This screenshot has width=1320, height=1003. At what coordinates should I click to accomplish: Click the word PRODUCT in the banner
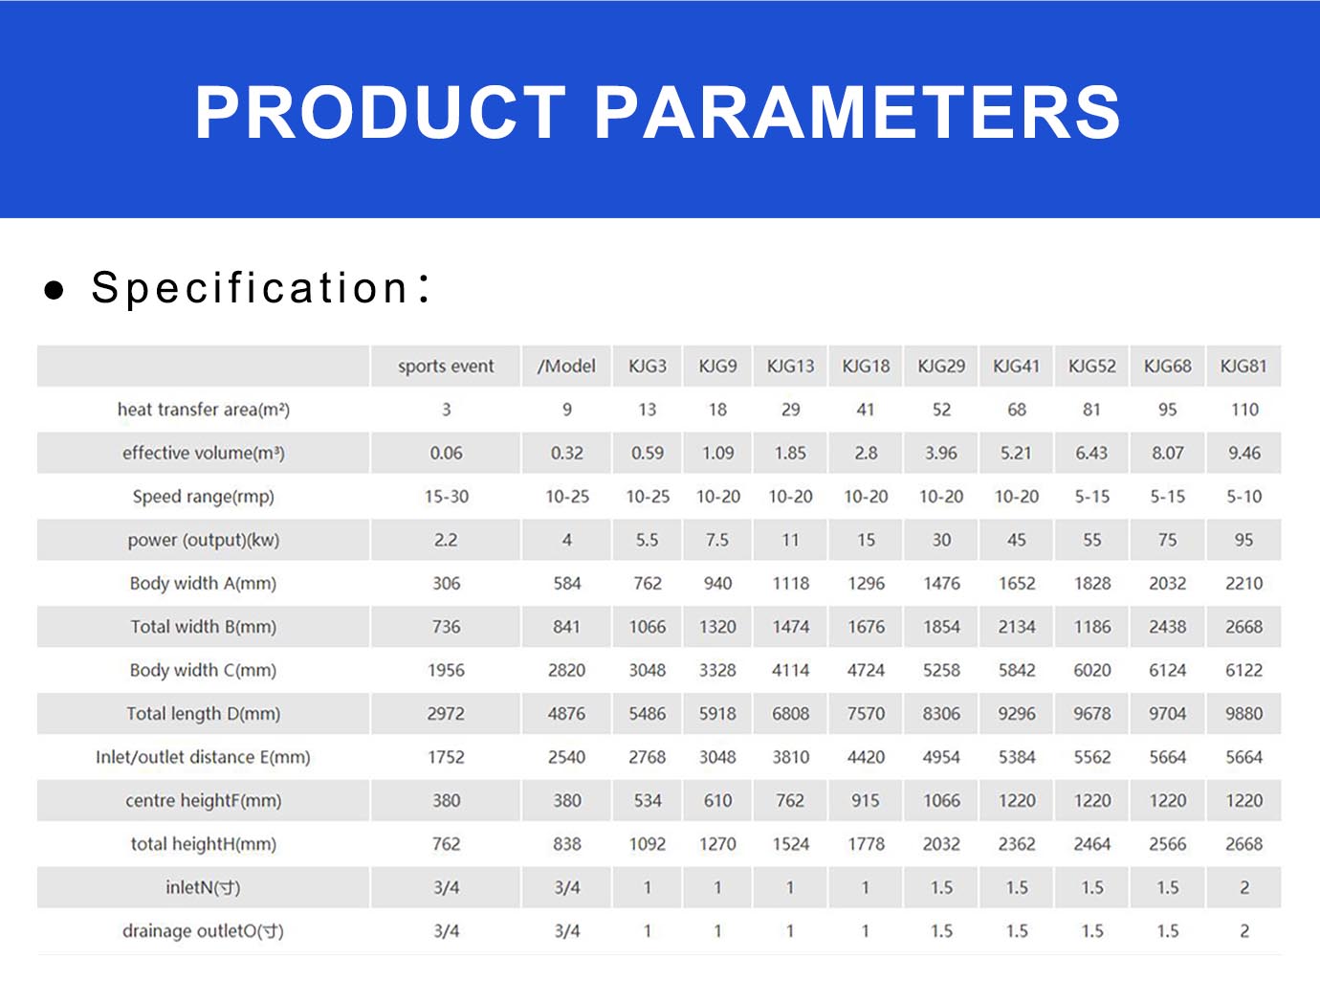coord(380,113)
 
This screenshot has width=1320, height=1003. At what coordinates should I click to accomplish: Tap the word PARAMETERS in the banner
coord(858,113)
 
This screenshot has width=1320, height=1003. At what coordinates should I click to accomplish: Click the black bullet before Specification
coord(55,289)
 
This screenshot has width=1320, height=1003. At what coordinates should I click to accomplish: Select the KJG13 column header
coord(790,366)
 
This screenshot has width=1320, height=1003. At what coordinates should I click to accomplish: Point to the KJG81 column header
coord(1243,366)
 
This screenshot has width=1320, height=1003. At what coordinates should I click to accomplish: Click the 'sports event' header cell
coord(446,366)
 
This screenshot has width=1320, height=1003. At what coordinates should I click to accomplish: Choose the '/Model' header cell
coord(566,366)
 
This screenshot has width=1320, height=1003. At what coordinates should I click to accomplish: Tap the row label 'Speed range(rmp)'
coord(204,497)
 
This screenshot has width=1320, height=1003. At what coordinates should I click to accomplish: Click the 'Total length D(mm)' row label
coord(204,714)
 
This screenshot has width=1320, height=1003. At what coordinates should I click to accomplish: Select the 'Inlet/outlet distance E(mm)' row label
coord(204,757)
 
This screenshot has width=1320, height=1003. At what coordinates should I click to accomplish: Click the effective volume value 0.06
coord(446,453)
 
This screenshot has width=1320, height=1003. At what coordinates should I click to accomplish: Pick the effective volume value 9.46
coord(1244,453)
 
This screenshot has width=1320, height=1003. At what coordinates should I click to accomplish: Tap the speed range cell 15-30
coord(446,497)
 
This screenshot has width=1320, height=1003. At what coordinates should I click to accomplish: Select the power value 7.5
coord(717,540)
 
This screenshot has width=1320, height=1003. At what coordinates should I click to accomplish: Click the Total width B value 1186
coord(1092,627)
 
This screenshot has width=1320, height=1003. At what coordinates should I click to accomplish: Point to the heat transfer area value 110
coord(1244,410)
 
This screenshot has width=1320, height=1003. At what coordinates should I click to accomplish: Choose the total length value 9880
coord(1244,714)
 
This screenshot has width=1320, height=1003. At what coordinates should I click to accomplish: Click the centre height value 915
coord(866,800)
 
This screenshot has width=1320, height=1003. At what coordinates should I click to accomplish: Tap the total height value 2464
coord(1092,844)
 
